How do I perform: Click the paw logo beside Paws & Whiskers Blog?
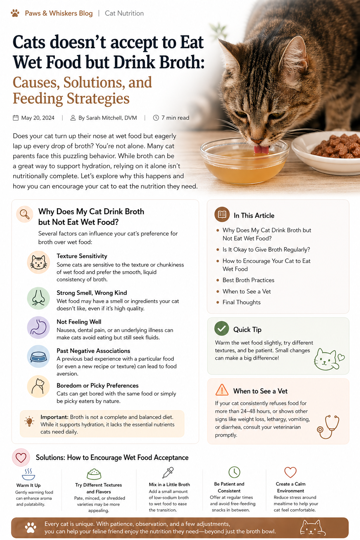click(x=15, y=13)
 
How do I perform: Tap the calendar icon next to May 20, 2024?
click(x=16, y=118)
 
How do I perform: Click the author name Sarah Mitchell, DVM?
click(x=107, y=118)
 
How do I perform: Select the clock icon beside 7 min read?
click(x=156, y=118)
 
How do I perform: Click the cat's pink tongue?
click(x=261, y=149)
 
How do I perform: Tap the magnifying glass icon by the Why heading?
click(x=24, y=214)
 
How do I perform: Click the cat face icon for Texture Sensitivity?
click(x=38, y=262)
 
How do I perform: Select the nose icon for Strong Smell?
click(x=38, y=298)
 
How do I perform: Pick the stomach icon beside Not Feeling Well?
click(x=38, y=327)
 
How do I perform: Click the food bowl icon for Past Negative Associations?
click(x=38, y=356)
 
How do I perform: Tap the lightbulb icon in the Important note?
click(x=29, y=421)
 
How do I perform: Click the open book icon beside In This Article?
click(x=222, y=214)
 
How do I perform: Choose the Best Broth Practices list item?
click(x=248, y=280)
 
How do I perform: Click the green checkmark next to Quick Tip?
click(x=221, y=328)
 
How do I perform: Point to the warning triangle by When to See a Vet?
click(x=222, y=390)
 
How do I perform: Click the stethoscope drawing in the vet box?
click(x=329, y=426)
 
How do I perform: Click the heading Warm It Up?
click(x=28, y=485)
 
